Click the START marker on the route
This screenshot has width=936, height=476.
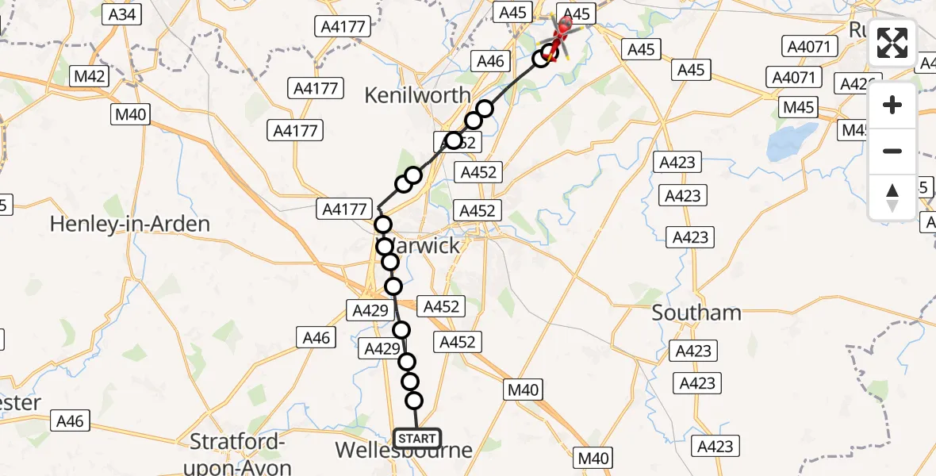pyautogui.click(x=416, y=438)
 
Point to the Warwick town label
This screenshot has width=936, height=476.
pyautogui.click(x=422, y=246)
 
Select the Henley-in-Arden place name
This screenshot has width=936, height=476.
pyautogui.click(x=130, y=224)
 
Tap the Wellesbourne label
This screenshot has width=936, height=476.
pyautogui.click(x=404, y=450)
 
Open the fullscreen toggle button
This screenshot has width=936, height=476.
pyautogui.click(x=892, y=43)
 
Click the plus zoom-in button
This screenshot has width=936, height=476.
pyautogui.click(x=892, y=105)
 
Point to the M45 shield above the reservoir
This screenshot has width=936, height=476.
pyautogui.click(x=799, y=106)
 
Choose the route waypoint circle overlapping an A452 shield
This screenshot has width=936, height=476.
pyautogui.click(x=453, y=141)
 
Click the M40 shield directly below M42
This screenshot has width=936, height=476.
pyautogui.click(x=131, y=115)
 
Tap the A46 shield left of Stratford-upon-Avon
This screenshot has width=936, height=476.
pyautogui.click(x=71, y=421)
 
